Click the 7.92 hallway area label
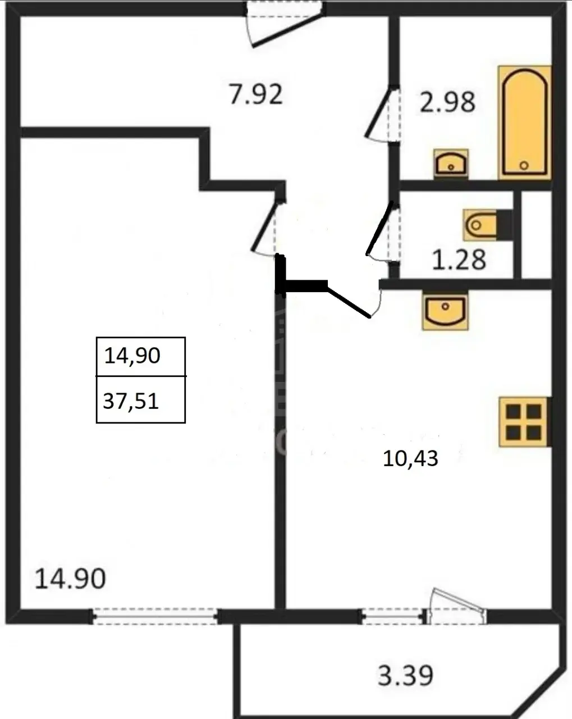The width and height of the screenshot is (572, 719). coord(256,94)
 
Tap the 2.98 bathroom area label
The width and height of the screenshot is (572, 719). coord(447,102)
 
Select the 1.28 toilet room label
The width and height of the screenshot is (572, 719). coord(459,260)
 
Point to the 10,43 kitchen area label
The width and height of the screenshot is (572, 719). coord(410,458)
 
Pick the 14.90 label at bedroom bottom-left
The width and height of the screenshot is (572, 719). coord(70,579)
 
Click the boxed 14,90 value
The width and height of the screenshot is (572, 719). coord(132,355)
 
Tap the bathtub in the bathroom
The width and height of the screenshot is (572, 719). coord(524,122)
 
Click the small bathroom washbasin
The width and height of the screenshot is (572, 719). coord(451,163)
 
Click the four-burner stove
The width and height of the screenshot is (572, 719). coord(524,422)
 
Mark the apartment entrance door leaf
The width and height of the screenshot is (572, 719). coord(288,30)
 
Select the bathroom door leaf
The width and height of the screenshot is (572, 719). coord(378,112)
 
